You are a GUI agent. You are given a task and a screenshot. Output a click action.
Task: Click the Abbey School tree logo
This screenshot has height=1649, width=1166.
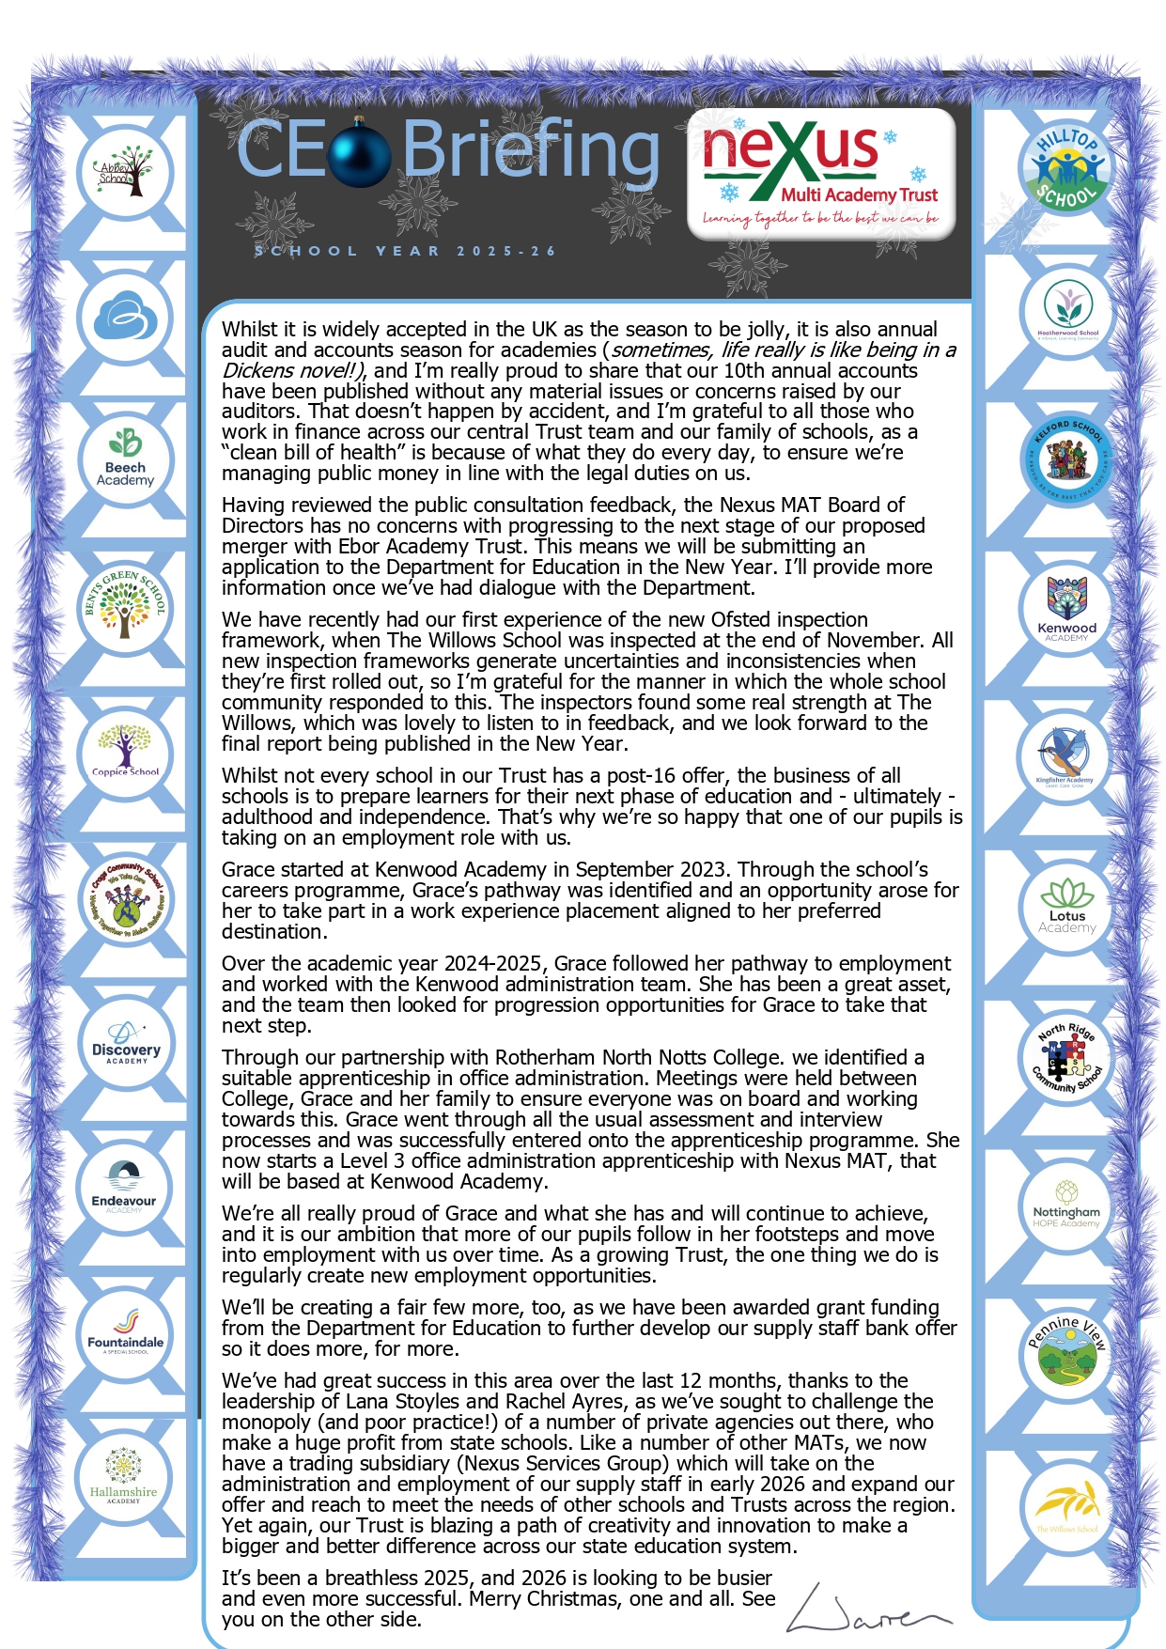(123, 172)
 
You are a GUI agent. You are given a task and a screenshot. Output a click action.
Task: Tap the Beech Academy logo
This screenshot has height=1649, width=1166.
(125, 459)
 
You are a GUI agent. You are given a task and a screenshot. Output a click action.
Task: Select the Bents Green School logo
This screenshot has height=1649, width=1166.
(125, 605)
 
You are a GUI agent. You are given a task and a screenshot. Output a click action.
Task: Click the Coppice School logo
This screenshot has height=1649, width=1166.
(125, 753)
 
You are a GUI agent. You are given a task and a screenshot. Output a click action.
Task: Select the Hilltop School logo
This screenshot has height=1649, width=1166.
(1065, 168)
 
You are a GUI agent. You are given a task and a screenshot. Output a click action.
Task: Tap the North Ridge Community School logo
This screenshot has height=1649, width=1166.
(1066, 1058)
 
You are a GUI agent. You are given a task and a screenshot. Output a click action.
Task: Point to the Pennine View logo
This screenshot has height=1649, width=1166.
(1066, 1353)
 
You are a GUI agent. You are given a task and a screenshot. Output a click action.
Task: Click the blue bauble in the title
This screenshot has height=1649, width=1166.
(359, 153)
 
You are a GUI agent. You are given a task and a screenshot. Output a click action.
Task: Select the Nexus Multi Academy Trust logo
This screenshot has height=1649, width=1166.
(820, 173)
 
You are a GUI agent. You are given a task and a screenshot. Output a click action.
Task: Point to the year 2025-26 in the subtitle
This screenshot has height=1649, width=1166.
(506, 251)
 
